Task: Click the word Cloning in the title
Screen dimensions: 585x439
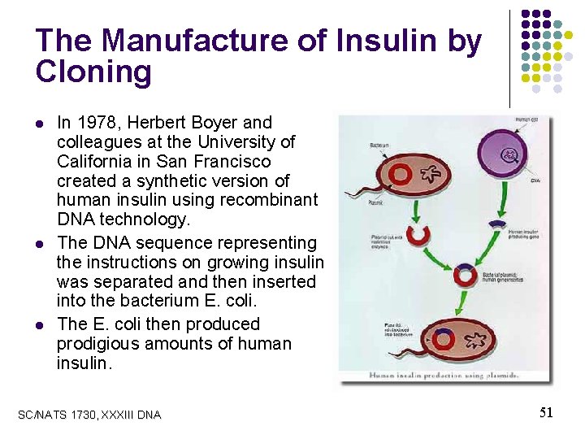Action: [93, 72]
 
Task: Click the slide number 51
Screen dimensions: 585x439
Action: [546, 413]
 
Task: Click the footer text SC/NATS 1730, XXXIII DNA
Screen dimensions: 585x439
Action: [89, 415]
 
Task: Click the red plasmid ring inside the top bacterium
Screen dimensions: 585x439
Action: [401, 173]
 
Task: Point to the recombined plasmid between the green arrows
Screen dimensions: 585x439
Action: [466, 272]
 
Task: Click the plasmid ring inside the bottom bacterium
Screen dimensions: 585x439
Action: [442, 340]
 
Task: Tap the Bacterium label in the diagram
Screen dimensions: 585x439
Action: [379, 145]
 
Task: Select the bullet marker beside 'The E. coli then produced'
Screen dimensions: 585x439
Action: [40, 325]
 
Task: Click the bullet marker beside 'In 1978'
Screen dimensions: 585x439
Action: [40, 124]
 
